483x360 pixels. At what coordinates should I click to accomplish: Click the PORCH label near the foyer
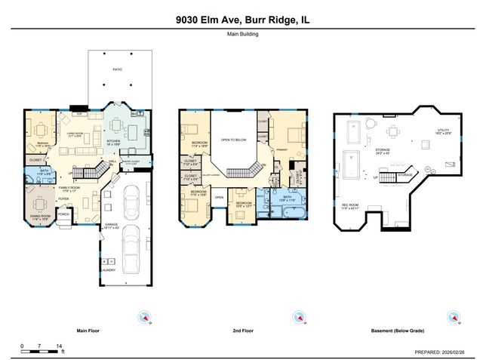pos(63,214)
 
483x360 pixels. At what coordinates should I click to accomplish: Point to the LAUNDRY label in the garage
pos(108,269)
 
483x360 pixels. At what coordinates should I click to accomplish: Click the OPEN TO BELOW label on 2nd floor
pos(234,140)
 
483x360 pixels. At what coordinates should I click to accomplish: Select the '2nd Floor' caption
pos(243,331)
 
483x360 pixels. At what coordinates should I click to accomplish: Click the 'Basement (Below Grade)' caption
pos(396,331)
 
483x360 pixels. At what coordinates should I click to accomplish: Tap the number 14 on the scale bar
pos(59,344)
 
